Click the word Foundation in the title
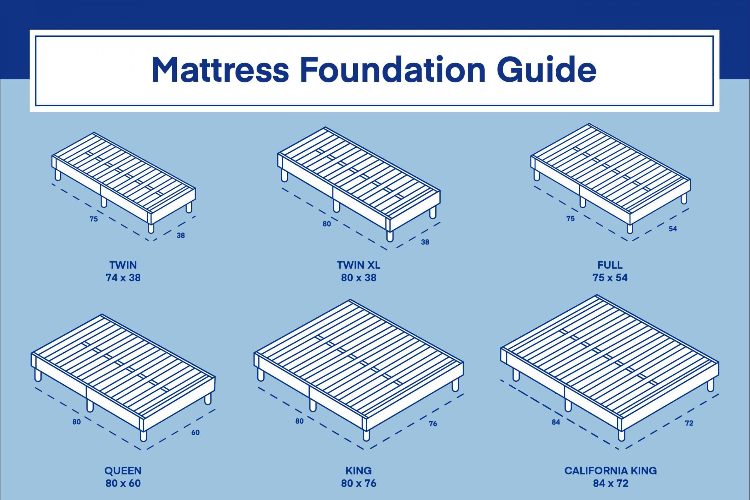click(x=393, y=70)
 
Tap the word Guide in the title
click(x=546, y=70)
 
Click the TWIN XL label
click(x=359, y=265)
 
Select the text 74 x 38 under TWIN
click(x=123, y=278)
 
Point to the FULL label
click(x=610, y=265)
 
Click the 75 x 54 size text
click(x=610, y=278)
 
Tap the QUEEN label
click(x=123, y=471)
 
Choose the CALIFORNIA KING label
click(x=611, y=471)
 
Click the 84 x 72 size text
click(x=611, y=483)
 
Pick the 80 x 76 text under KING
click(x=359, y=483)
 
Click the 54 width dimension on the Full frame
click(x=673, y=229)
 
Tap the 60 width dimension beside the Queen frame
click(x=195, y=432)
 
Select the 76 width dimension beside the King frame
click(x=433, y=424)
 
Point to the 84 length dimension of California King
click(x=556, y=422)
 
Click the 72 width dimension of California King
click(x=689, y=423)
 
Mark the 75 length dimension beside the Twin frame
click(x=93, y=219)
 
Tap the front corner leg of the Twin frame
click(x=151, y=228)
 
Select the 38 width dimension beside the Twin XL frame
click(x=425, y=242)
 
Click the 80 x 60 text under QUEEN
click(x=123, y=483)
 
